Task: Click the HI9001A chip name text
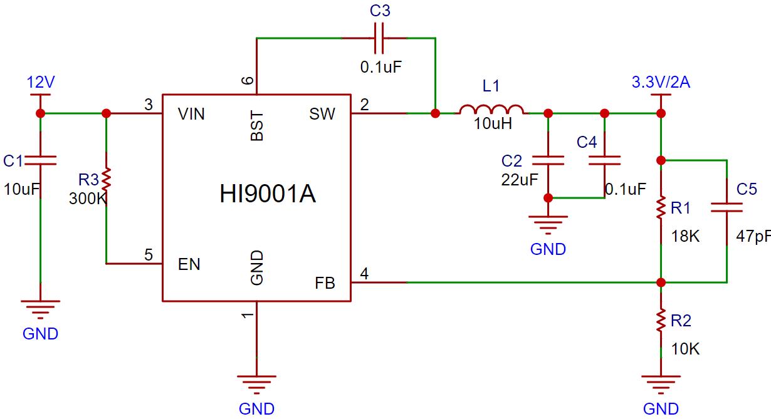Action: pos(268,194)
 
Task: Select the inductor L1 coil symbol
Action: pos(492,110)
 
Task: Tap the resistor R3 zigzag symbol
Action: pos(106,179)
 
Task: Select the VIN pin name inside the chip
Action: pos(191,114)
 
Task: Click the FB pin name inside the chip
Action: pos(325,284)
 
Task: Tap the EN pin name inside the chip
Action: pos(189,264)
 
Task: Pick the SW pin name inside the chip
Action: pos(322,114)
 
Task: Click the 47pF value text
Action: pos(753,237)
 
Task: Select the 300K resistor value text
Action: pos(87,199)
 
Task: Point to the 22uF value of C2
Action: pos(519,180)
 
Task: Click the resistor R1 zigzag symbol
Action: pos(660,209)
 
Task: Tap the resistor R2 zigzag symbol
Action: pos(660,320)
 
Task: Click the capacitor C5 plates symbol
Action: pos(726,207)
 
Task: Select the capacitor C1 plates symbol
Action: pos(40,160)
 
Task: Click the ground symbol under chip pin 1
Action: pos(256,381)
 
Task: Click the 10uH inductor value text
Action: pos(493,124)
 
